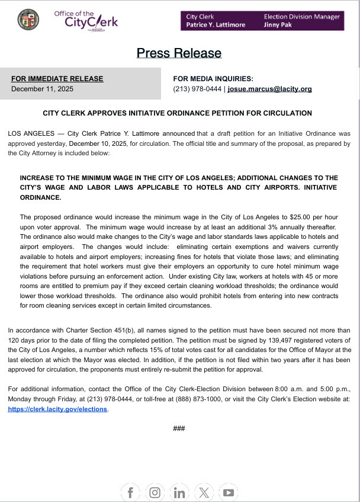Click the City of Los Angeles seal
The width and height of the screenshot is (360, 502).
tap(28, 20)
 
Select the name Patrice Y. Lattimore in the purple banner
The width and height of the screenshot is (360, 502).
tap(216, 25)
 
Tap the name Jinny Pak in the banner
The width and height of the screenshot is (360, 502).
tap(278, 25)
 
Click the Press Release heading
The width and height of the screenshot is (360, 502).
tap(179, 53)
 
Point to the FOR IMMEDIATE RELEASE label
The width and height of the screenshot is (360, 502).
tap(57, 79)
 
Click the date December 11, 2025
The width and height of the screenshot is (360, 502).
tap(41, 89)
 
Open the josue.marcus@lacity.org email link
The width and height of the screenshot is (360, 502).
tap(269, 89)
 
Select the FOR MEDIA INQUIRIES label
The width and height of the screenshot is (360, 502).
tap(213, 79)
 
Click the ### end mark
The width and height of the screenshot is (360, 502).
tap(179, 428)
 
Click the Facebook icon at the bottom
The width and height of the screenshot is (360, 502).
tap(130, 493)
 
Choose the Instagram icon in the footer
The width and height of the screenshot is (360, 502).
tap(155, 493)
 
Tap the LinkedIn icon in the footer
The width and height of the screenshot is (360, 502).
tap(179, 493)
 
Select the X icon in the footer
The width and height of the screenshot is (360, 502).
tap(204, 493)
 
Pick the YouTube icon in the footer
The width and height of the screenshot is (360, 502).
tap(229, 493)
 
